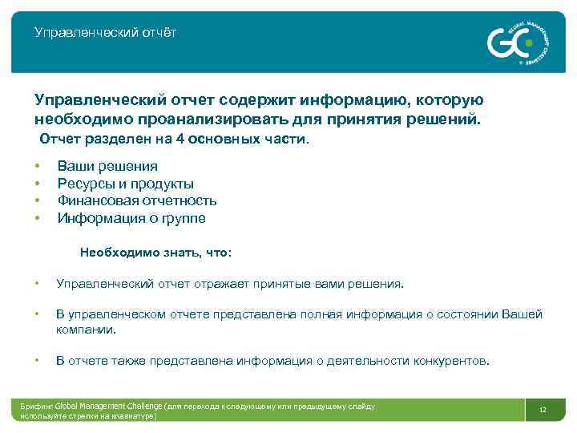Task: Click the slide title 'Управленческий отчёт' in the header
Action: (106, 33)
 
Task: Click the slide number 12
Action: (543, 410)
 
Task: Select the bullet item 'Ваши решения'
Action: (107, 167)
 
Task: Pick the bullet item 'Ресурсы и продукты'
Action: (125, 184)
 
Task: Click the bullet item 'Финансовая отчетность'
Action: (137, 200)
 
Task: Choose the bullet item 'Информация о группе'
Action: (131, 218)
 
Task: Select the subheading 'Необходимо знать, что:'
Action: (155, 253)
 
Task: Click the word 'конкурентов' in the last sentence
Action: (450, 361)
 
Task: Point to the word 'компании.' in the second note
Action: (86, 329)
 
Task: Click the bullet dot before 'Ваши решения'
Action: (38, 167)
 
